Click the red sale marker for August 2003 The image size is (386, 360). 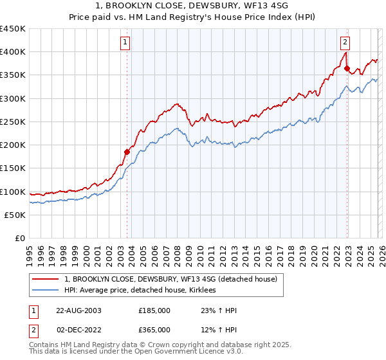click(127, 152)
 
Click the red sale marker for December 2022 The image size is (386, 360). click(347, 68)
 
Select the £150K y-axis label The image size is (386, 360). click(13, 168)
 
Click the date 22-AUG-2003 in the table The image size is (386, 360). click(78, 310)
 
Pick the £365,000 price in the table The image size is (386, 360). click(154, 330)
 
